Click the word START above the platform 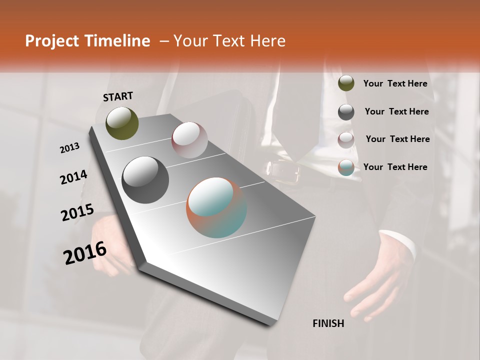point(118,96)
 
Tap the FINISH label point(328,323)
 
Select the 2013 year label point(69,147)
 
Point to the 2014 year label point(73,177)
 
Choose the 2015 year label point(77,212)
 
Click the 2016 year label point(85,252)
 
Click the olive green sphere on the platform point(122,123)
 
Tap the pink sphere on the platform point(189,140)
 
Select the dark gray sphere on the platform point(145,180)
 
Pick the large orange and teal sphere point(216,207)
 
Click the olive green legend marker point(346,83)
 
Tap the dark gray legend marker point(346,111)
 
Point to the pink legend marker point(346,139)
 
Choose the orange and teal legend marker point(346,167)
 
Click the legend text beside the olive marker point(395,83)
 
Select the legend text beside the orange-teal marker point(395,167)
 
